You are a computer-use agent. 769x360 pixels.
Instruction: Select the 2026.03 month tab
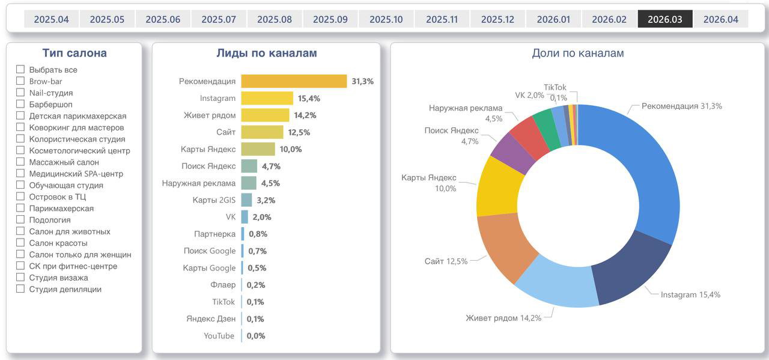664,19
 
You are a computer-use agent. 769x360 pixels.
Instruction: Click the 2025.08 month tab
275,19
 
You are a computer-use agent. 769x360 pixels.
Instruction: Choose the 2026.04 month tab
720,19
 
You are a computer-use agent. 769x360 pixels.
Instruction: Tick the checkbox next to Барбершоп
20,104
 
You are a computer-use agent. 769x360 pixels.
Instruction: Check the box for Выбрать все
20,69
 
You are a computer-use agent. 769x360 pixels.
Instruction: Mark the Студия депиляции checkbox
20,289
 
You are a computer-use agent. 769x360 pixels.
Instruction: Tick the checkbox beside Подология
20,220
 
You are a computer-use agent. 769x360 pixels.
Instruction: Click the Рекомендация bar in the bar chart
294,81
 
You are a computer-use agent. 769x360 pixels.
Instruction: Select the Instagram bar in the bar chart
267,98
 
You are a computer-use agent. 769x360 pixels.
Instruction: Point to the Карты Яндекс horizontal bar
258,149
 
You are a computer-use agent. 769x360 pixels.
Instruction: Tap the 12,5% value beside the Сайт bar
299,132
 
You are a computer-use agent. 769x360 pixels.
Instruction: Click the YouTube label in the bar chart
219,336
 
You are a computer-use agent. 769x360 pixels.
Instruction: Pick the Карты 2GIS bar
246,200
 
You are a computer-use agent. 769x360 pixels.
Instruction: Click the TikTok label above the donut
555,88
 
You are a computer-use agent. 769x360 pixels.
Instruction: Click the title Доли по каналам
577,53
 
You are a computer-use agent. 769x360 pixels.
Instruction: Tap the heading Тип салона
74,53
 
